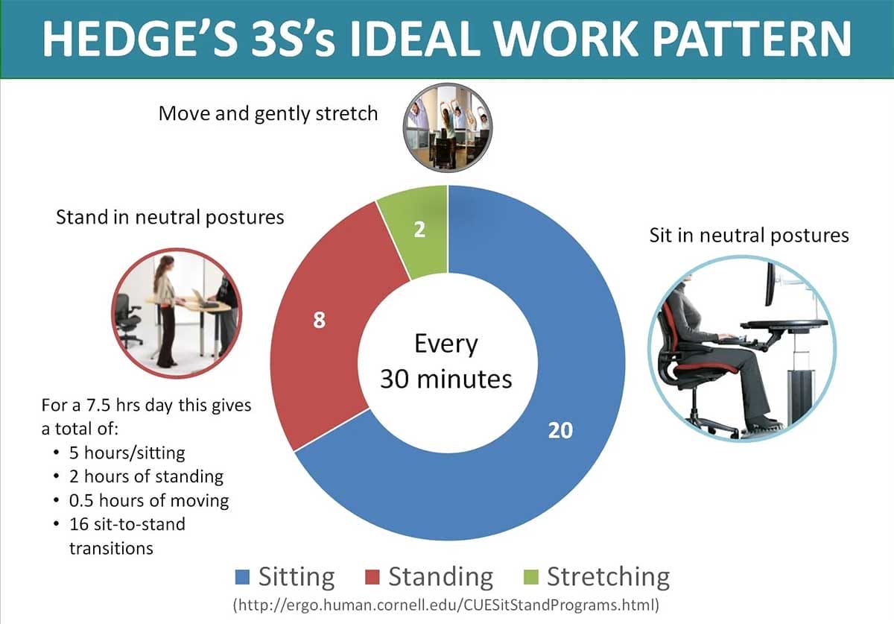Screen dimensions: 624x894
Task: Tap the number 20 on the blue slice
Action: click(x=559, y=430)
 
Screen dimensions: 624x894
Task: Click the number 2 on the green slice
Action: click(x=419, y=230)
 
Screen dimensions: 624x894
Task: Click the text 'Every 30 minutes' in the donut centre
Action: click(x=446, y=362)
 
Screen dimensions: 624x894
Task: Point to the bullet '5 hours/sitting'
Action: click(x=127, y=453)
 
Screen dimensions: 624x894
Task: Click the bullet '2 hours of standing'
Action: click(x=146, y=476)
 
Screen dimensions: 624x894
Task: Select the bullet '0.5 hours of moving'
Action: click(x=149, y=499)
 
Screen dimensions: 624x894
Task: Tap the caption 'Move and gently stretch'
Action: click(x=268, y=113)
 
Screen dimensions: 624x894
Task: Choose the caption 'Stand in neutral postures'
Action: click(x=171, y=217)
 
